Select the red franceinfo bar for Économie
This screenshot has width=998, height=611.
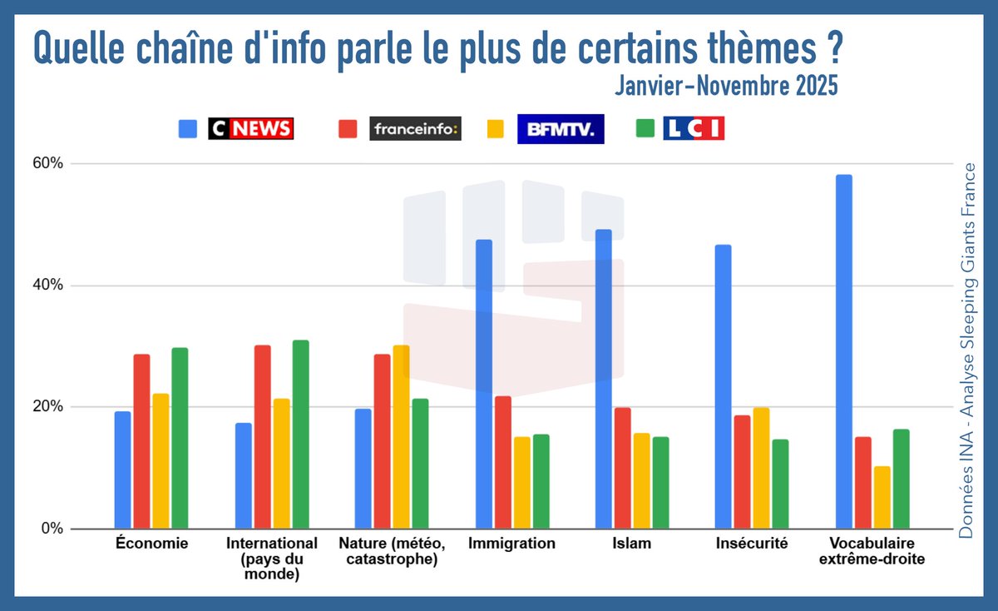pyautogui.click(x=142, y=441)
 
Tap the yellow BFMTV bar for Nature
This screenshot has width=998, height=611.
pyautogui.click(x=401, y=437)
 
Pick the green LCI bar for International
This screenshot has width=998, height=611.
pyautogui.click(x=300, y=434)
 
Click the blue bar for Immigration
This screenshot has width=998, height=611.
pyautogui.click(x=484, y=384)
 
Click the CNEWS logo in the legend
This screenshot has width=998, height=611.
pyautogui.click(x=251, y=128)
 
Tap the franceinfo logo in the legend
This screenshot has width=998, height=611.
pyautogui.click(x=415, y=128)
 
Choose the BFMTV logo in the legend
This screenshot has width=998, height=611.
pyautogui.click(x=561, y=128)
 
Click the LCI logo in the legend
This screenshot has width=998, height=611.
pyautogui.click(x=694, y=128)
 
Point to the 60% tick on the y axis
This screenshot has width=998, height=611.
pyautogui.click(x=47, y=163)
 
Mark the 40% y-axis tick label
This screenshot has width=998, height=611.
pyautogui.click(x=47, y=286)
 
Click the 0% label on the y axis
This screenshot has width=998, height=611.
pyautogui.click(x=52, y=529)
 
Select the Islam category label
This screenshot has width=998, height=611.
pyautogui.click(x=631, y=544)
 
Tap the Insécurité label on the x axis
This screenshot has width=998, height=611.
pyautogui.click(x=753, y=544)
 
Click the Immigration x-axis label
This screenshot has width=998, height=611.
pyautogui.click(x=511, y=544)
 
